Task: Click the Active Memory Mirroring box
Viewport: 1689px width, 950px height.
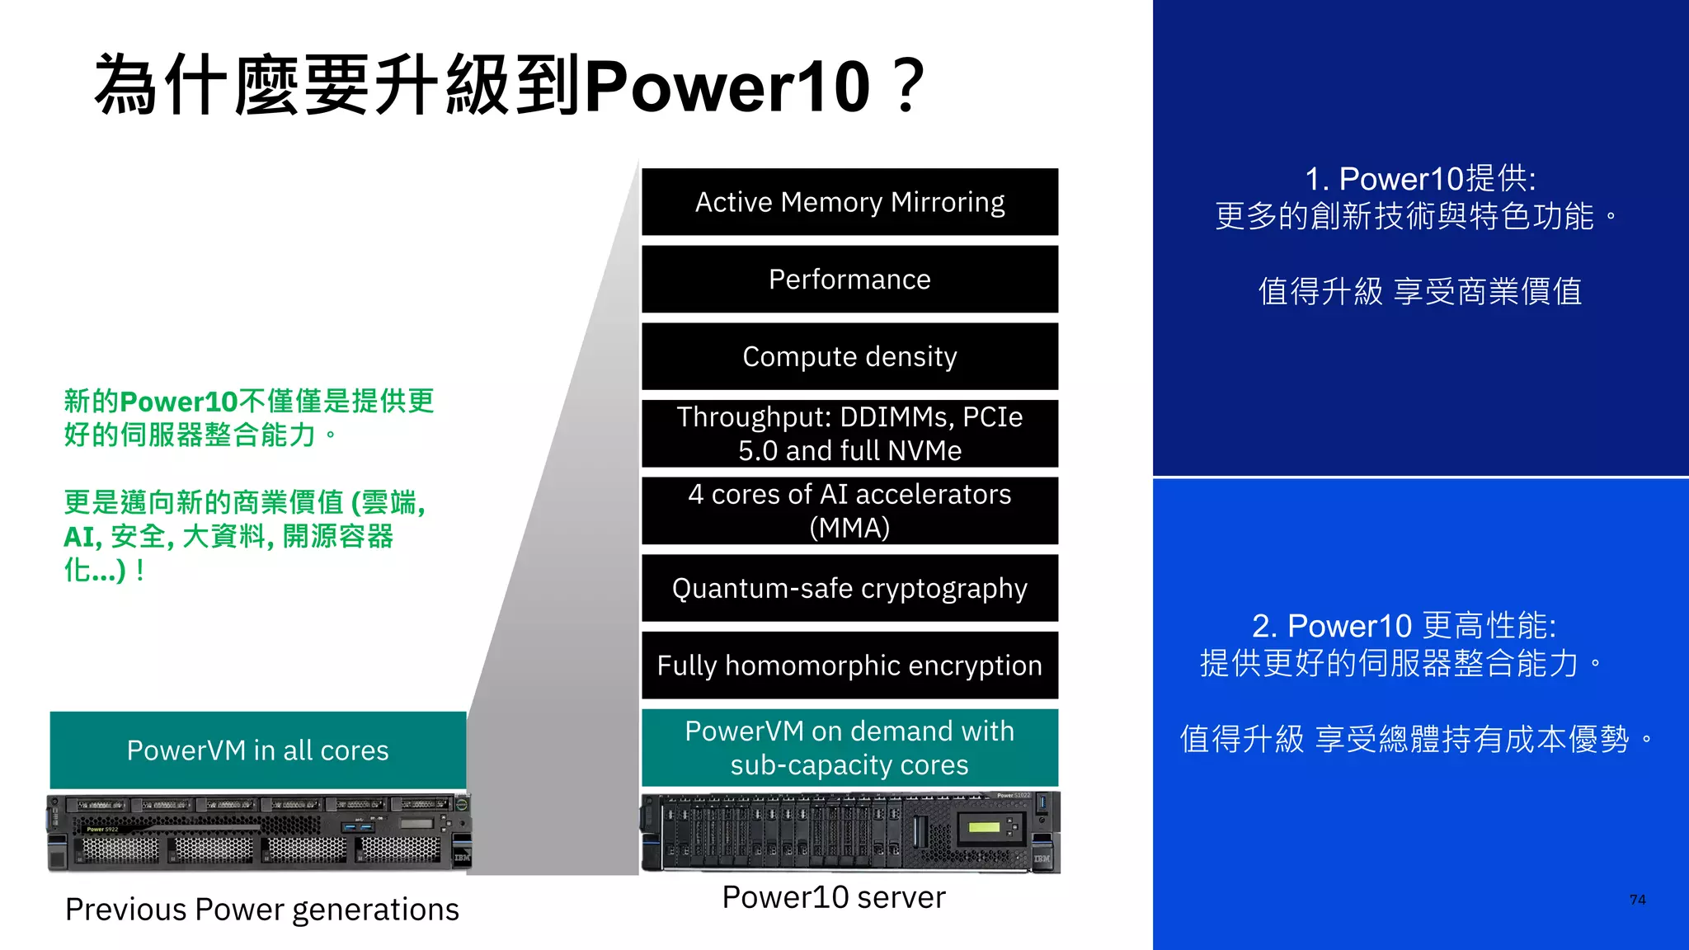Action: click(849, 202)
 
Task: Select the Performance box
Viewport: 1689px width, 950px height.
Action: click(849, 280)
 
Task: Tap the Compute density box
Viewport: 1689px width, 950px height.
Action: click(849, 356)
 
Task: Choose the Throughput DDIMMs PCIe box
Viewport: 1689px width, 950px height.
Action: click(849, 434)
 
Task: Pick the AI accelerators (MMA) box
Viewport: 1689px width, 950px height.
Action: click(849, 510)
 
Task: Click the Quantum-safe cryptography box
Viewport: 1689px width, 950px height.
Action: click(849, 588)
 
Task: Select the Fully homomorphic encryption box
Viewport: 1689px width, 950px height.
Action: click(849, 665)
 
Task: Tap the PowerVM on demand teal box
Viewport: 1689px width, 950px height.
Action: click(849, 748)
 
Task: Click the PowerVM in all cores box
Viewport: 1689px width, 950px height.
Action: click(258, 750)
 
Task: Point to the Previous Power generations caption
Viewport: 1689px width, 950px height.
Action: click(262, 910)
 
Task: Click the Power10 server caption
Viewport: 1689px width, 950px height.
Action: click(834, 897)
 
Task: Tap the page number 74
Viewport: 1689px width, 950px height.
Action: click(1638, 900)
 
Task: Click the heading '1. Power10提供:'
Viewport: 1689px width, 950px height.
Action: click(1420, 179)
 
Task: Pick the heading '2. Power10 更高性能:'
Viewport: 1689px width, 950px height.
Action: click(1404, 626)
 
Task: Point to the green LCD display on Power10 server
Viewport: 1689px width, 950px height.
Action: click(983, 827)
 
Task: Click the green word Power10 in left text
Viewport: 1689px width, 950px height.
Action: click(179, 402)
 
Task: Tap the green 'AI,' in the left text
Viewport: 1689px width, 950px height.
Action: click(82, 537)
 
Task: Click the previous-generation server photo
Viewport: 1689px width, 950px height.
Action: click(259, 833)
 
